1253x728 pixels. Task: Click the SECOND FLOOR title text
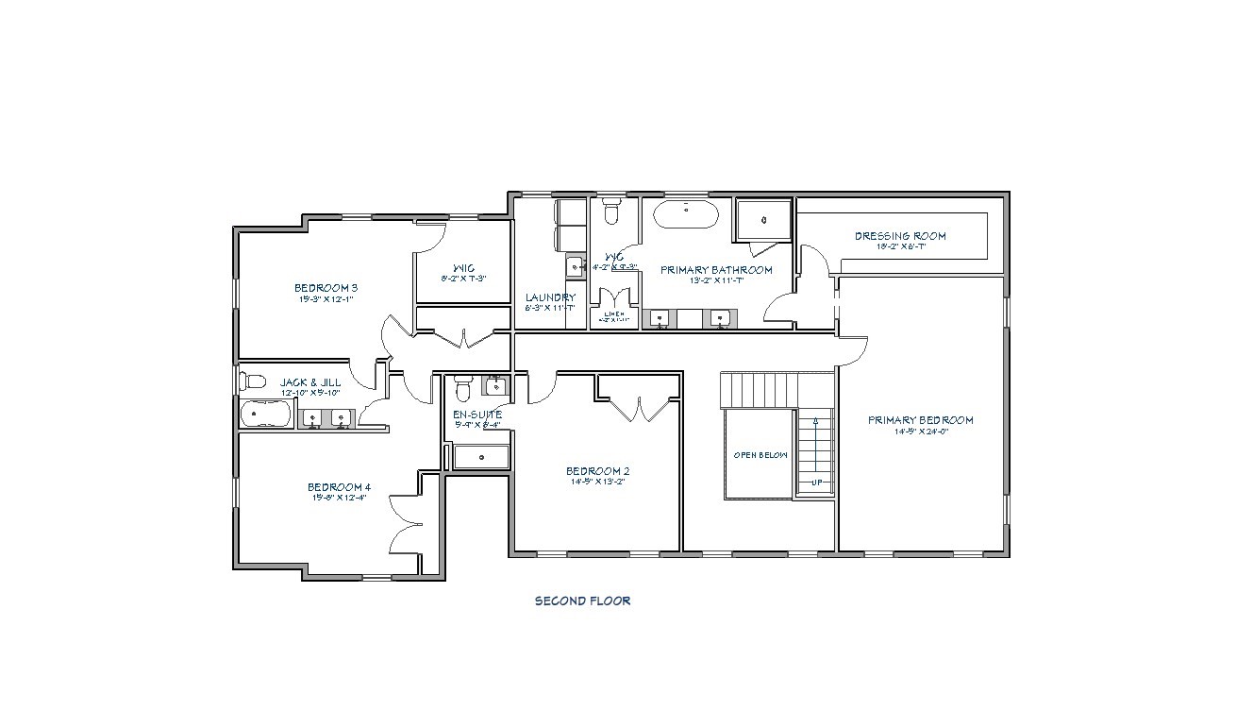pos(582,601)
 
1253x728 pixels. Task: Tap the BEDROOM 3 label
pos(325,288)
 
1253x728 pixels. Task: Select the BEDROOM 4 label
pos(339,487)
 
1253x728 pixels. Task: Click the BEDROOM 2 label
pos(597,471)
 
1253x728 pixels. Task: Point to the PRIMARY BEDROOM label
pos(920,420)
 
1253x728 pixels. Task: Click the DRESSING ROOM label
pos(900,236)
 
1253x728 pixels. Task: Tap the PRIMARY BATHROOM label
pos(716,270)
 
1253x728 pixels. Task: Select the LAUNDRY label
pos(550,297)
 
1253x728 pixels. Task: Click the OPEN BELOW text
pos(760,455)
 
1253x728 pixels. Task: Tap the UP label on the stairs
pos(817,483)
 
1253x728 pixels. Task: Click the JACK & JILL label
pos(309,382)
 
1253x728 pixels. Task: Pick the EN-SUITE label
pos(477,415)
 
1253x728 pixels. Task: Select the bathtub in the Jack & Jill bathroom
pos(266,415)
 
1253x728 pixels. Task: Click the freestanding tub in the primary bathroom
pos(686,214)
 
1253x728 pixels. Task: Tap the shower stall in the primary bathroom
pos(762,219)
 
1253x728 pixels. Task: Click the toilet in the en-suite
pos(462,387)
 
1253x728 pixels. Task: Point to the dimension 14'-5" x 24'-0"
pos(920,432)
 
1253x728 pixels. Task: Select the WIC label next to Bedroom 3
pos(462,266)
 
